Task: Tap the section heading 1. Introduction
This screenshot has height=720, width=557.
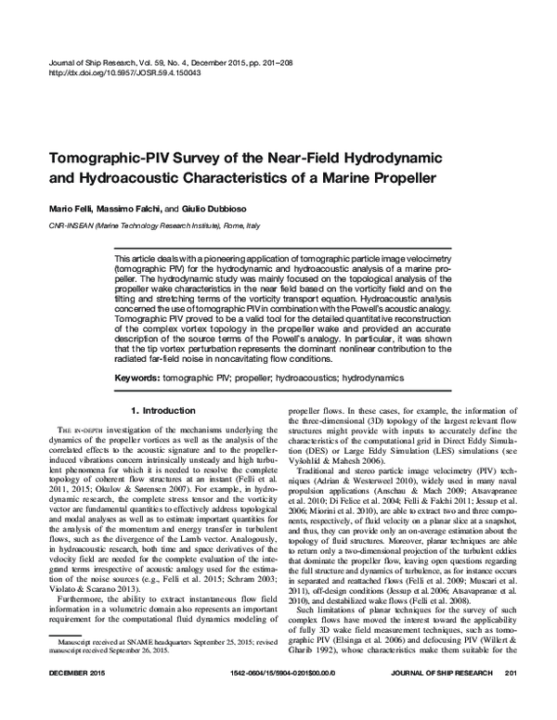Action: pyautogui.click(x=163, y=409)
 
